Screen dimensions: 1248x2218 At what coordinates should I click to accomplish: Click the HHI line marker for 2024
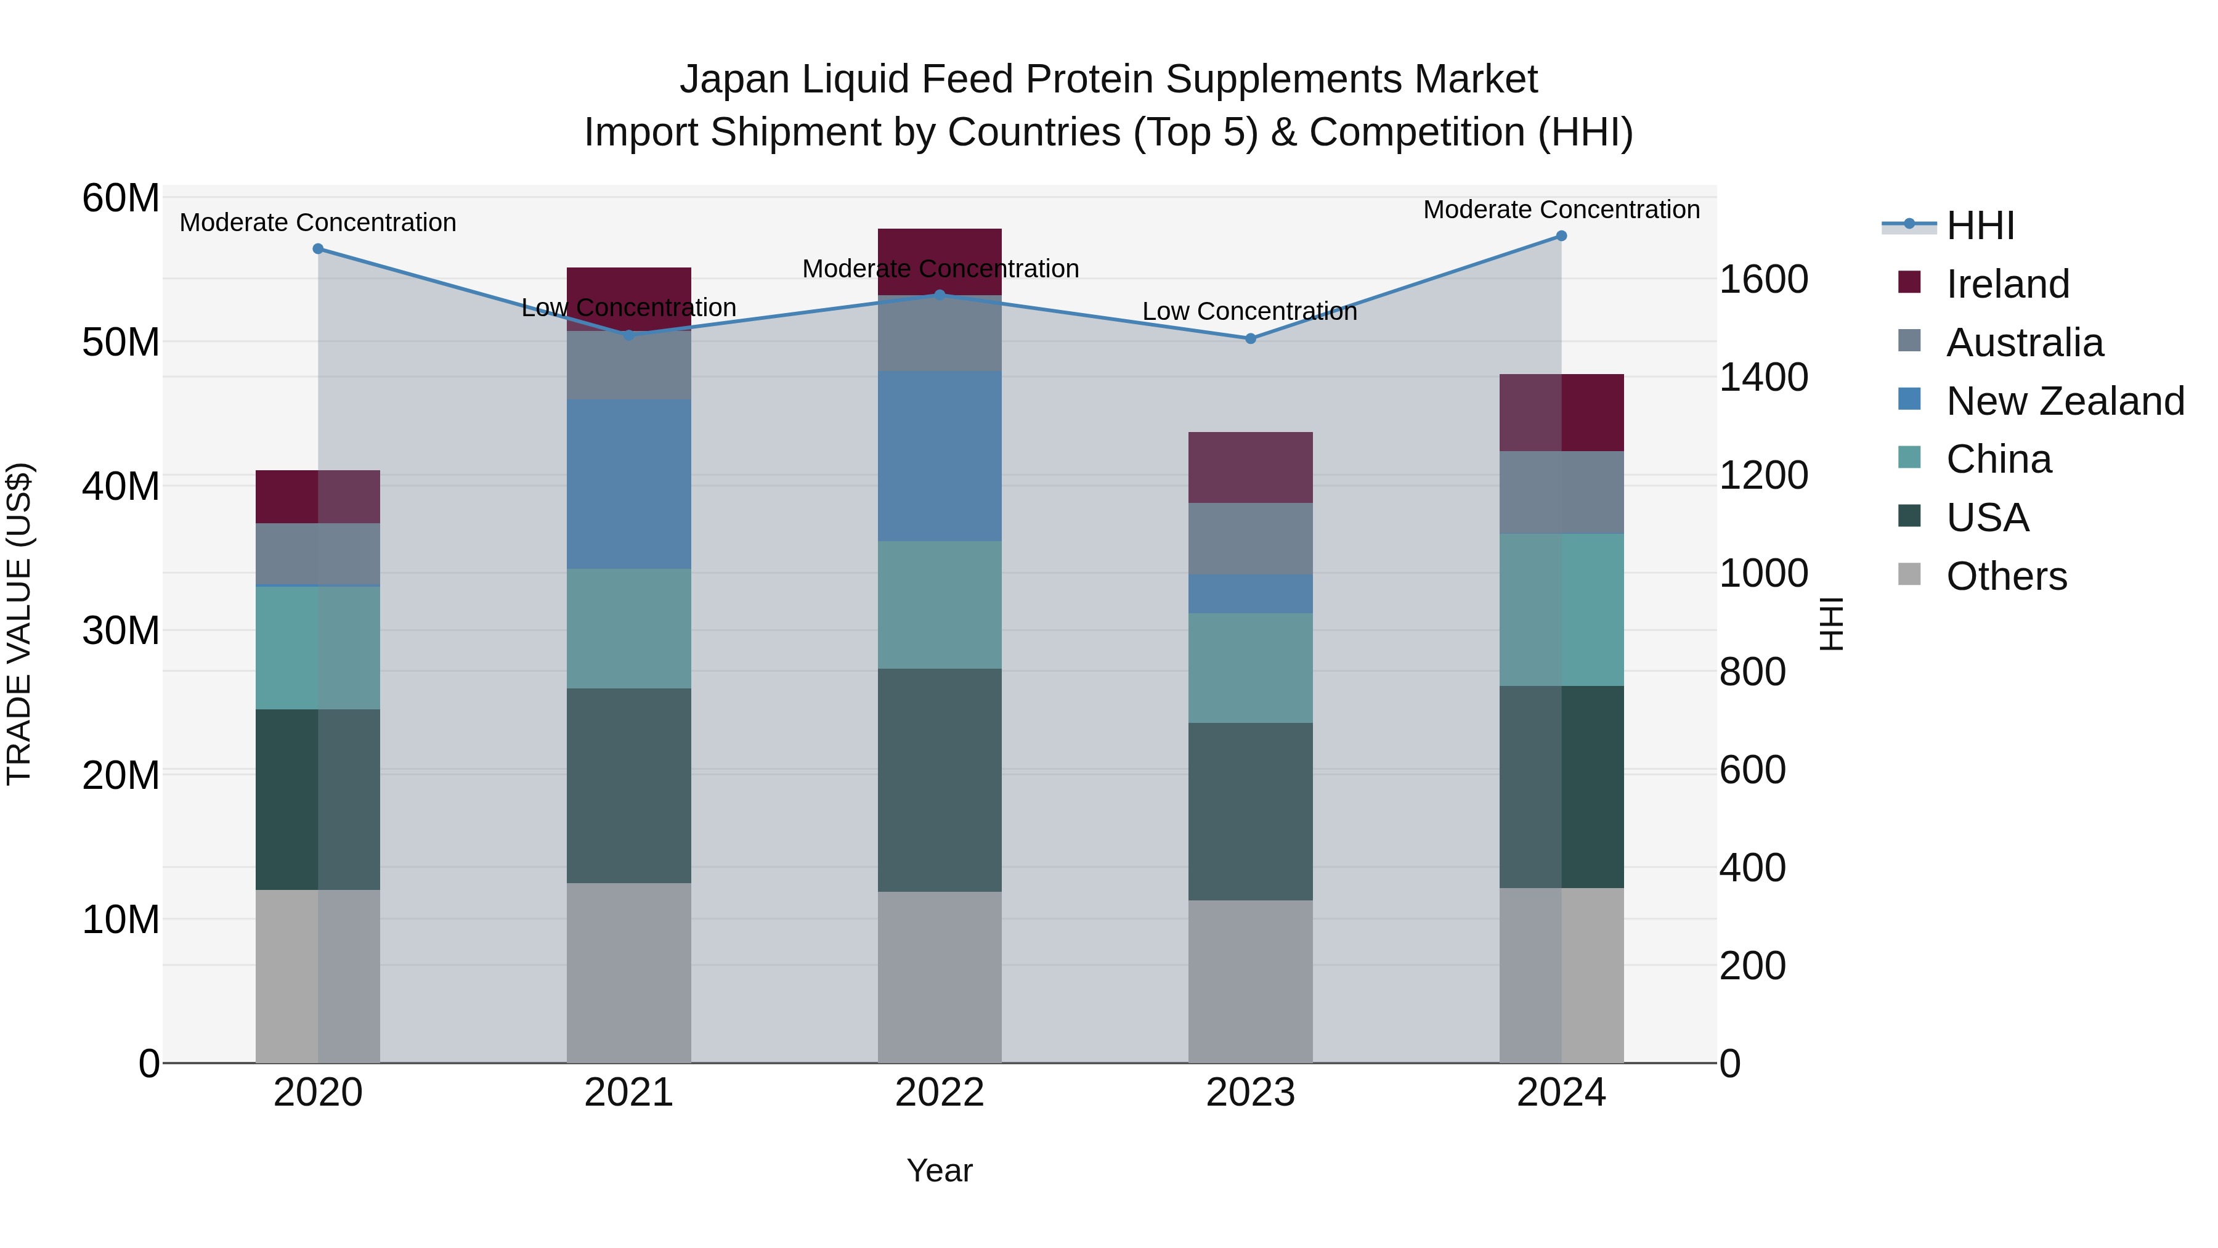(1561, 236)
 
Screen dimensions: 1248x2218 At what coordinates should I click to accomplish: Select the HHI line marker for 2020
(318, 249)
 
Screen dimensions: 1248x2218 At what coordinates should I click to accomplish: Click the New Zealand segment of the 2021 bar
(628, 483)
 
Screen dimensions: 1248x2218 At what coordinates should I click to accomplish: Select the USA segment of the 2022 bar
(940, 780)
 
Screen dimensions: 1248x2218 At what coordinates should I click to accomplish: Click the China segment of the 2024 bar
(1561, 609)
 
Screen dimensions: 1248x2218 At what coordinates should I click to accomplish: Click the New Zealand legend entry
(2065, 401)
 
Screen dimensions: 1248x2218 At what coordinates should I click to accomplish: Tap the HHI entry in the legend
(1980, 226)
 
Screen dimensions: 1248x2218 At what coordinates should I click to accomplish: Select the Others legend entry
(2006, 576)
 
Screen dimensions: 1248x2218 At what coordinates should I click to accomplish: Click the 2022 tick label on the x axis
(940, 1093)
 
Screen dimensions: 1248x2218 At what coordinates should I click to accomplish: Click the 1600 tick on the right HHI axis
(1763, 279)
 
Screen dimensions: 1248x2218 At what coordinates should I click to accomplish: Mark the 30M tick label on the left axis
(121, 630)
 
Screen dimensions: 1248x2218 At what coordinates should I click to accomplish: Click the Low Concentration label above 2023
(1249, 311)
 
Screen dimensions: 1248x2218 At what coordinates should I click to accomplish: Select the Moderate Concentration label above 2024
(1561, 210)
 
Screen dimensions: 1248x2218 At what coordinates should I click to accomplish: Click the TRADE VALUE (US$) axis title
(19, 624)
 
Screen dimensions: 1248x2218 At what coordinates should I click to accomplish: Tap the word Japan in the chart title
(734, 80)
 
